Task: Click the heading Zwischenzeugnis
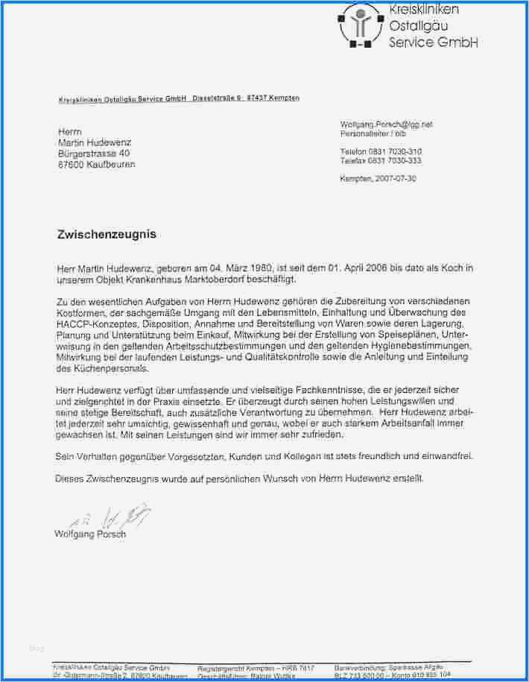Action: click(x=107, y=234)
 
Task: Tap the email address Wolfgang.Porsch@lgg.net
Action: click(x=386, y=124)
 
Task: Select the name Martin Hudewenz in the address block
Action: click(x=97, y=142)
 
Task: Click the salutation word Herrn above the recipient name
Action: click(x=69, y=132)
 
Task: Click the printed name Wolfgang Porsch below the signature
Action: click(x=90, y=534)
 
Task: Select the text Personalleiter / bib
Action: click(x=373, y=133)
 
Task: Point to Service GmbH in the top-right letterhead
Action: click(x=433, y=42)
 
